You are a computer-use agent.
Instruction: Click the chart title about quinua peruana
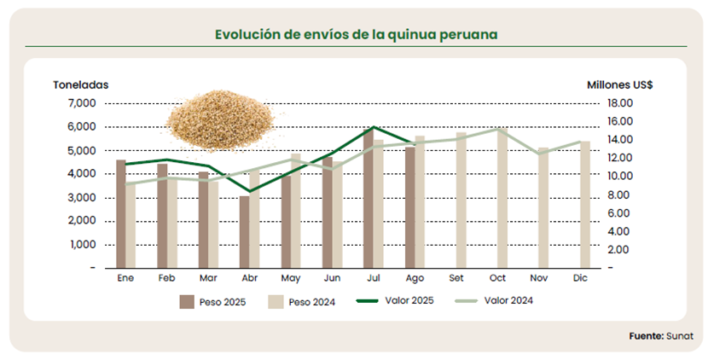click(356, 35)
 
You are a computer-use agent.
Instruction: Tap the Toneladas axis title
click(81, 84)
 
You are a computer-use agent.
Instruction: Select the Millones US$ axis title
click(620, 84)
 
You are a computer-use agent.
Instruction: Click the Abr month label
click(249, 279)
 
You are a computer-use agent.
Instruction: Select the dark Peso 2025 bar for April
click(245, 231)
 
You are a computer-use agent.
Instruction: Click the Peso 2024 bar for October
click(502, 198)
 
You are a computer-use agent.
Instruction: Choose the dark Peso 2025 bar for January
click(121, 213)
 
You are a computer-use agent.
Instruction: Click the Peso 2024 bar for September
click(461, 200)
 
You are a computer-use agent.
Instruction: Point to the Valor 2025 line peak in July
click(373, 127)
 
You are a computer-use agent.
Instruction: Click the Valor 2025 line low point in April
click(249, 191)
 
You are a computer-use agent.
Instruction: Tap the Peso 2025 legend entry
click(213, 301)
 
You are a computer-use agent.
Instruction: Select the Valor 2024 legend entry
click(496, 300)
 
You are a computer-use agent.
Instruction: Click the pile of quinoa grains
click(218, 122)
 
